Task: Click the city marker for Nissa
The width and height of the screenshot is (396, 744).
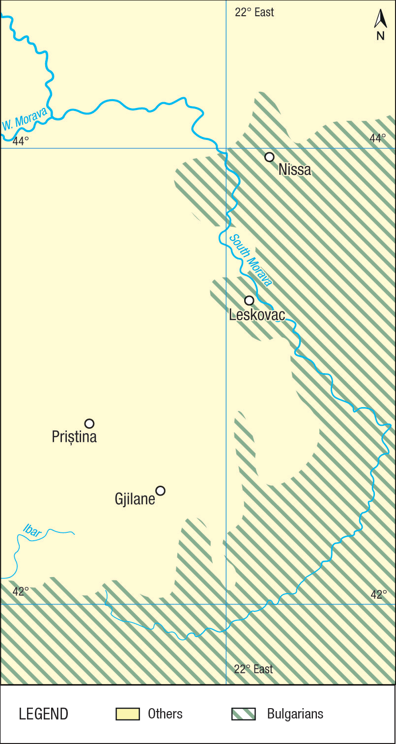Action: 269,157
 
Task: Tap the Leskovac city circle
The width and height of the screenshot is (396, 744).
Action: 249,301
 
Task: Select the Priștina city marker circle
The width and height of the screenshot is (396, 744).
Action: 89,423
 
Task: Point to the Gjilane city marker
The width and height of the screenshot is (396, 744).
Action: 160,491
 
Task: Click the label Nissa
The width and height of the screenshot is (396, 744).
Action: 295,170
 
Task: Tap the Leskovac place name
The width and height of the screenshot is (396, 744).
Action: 256,315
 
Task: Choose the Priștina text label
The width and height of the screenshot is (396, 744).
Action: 74,437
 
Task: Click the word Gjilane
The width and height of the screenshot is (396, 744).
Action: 135,499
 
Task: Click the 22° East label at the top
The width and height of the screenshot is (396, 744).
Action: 254,12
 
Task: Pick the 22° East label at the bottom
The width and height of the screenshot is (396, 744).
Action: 253,669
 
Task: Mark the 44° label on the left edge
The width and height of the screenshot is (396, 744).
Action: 21,141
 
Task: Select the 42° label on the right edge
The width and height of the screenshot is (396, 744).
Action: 378,595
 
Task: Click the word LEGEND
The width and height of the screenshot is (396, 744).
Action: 43,714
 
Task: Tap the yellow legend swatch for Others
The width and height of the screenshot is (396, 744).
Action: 128,714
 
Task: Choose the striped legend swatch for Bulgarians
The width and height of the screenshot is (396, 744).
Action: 243,714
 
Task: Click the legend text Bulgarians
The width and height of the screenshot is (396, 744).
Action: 295,714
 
